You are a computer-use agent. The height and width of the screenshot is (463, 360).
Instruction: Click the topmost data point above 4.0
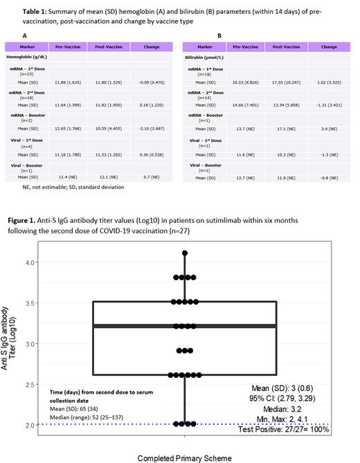(185, 253)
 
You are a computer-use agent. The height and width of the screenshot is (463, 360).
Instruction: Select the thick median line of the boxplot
(185, 325)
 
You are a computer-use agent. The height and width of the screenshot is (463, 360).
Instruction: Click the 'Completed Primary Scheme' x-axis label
(185, 457)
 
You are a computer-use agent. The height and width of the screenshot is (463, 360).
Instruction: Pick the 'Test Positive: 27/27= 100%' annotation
(288, 429)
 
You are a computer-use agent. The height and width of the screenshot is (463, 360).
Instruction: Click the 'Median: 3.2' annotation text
(305, 409)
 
